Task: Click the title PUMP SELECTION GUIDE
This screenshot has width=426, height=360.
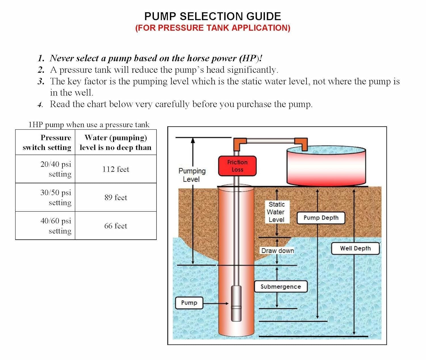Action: click(x=212, y=16)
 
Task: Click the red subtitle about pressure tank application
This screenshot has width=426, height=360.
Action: click(x=212, y=28)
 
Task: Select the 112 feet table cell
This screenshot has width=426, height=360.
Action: click(x=116, y=169)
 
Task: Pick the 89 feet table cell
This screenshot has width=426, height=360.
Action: click(x=116, y=197)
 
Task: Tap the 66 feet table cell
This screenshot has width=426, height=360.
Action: click(x=116, y=226)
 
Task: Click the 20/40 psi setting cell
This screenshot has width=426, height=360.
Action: click(x=45, y=169)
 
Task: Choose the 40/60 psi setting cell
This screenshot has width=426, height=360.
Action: click(x=45, y=226)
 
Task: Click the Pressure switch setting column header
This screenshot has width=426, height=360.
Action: click(x=45, y=142)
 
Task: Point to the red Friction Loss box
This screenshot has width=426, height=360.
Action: click(x=237, y=166)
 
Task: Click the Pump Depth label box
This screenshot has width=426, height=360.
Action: click(x=321, y=218)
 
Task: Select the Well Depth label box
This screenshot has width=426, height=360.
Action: click(x=355, y=248)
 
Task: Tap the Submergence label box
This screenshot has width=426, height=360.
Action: click(x=281, y=286)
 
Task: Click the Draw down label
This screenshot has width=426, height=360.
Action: click(x=277, y=251)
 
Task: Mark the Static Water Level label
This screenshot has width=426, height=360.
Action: click(x=276, y=212)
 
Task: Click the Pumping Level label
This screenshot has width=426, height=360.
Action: click(x=191, y=175)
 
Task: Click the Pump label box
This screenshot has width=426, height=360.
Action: click(x=189, y=303)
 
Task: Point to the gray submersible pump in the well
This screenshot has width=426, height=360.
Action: click(x=236, y=303)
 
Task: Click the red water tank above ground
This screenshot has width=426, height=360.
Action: click(x=326, y=168)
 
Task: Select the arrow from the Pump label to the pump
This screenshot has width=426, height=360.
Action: click(x=216, y=303)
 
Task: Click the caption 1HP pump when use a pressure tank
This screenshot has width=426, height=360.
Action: click(x=89, y=125)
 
